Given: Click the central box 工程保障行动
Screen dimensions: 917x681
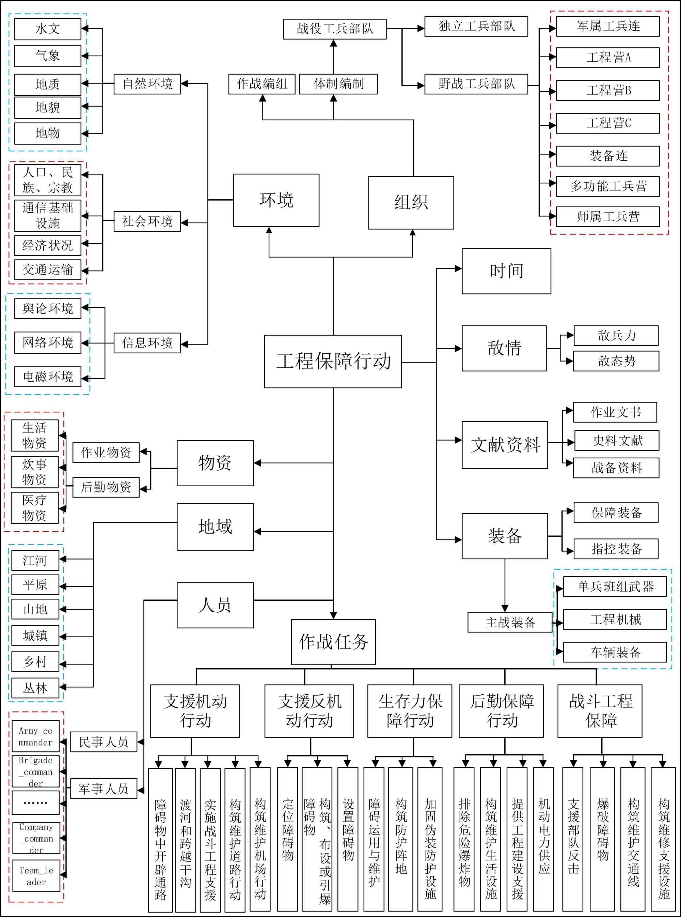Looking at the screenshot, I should [x=333, y=361].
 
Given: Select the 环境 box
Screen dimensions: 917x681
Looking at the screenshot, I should [x=276, y=200].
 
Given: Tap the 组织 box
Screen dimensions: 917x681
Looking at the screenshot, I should [x=411, y=202].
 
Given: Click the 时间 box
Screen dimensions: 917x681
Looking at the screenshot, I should [x=506, y=271].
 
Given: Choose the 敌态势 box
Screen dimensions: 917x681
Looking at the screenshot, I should [x=616, y=361].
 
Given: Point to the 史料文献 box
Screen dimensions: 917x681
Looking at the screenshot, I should [x=617, y=440].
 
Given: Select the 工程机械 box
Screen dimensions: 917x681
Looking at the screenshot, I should [x=615, y=619].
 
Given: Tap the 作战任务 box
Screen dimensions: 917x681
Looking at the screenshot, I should [x=333, y=641].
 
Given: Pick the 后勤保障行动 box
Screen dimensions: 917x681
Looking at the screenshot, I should [x=501, y=711].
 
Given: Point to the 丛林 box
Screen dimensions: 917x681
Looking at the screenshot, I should [x=35, y=688].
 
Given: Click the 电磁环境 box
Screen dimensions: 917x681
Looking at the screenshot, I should [x=48, y=376].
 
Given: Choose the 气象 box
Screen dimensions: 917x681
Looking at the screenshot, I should [x=48, y=56].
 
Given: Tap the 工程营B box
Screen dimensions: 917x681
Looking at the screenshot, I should [x=608, y=90].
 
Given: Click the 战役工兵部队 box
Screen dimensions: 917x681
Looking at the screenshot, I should [x=335, y=29].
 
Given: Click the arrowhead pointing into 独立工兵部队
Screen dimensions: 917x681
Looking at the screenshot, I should [x=421, y=29].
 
